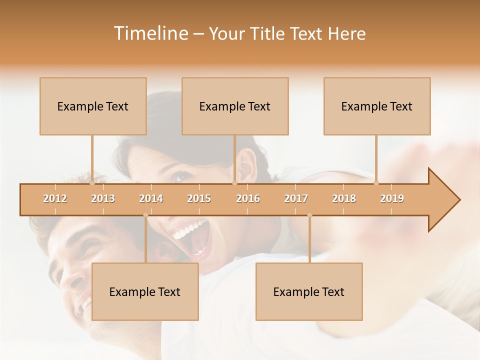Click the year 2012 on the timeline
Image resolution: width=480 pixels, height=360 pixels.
55,199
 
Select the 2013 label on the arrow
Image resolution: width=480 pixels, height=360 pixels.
103,199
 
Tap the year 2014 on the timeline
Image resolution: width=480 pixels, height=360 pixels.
151,199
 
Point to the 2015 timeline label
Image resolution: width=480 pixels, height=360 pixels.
199,199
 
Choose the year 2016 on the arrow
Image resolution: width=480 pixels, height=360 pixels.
248,199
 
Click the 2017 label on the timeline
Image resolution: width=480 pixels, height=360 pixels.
296,199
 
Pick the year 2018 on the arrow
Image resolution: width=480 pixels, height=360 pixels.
344,199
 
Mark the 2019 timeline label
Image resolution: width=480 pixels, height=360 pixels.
392,199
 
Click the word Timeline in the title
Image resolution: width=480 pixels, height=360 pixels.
150,33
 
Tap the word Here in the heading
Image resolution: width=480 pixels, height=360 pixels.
346,33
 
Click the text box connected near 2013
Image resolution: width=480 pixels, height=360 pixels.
93,106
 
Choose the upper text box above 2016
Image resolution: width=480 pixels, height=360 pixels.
235,106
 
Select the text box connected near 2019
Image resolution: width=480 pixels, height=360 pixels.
377,106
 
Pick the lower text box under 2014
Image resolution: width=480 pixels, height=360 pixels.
145,291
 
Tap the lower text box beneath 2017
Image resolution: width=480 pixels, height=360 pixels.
309,291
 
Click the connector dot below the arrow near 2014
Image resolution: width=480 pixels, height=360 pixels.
145,215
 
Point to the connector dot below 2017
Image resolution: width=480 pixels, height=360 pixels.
309,215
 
